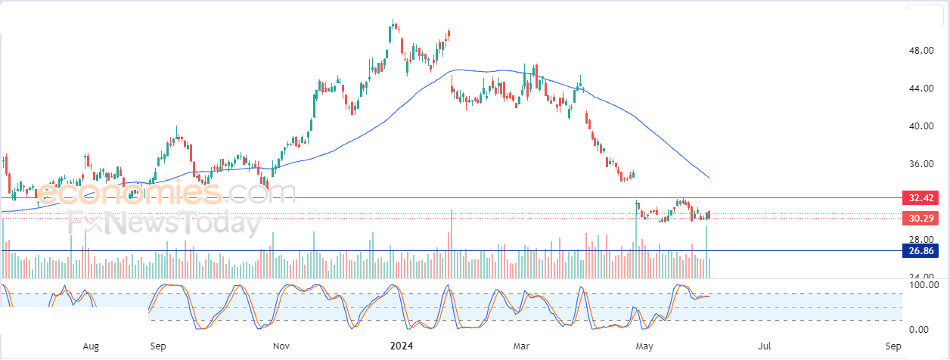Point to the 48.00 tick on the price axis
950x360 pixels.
[920, 51]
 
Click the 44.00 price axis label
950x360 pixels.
[920, 88]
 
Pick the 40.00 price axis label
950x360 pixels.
[920, 126]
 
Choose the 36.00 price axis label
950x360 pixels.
[920, 164]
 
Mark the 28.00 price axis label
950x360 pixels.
[920, 239]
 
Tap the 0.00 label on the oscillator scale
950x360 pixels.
[920, 330]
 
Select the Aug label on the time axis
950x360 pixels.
[91, 346]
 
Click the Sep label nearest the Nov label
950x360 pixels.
[158, 346]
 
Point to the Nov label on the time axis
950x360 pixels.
[281, 346]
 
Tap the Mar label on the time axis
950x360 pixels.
[521, 346]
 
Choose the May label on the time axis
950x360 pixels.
[644, 346]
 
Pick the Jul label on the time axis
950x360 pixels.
[765, 346]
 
